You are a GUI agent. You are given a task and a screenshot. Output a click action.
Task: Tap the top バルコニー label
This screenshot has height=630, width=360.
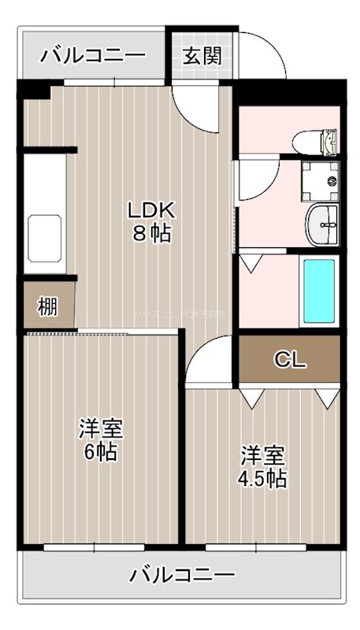(94, 56)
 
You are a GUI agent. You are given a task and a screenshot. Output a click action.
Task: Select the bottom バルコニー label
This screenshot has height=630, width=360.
(183, 574)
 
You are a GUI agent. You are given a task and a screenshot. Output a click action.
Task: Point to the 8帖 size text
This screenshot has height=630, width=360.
(151, 234)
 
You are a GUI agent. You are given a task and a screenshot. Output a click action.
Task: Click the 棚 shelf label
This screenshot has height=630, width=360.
(47, 306)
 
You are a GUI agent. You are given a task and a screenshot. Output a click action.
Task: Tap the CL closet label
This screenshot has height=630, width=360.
(289, 361)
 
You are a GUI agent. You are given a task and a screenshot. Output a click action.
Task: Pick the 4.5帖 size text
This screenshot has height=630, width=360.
(263, 478)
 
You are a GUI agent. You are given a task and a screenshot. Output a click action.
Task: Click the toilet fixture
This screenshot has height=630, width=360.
(322, 143)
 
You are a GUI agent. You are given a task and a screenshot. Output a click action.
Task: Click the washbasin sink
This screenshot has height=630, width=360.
(323, 220)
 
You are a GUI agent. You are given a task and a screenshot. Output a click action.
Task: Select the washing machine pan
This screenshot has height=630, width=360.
(322, 180)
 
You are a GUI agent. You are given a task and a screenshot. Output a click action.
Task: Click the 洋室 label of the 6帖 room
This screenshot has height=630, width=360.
(99, 429)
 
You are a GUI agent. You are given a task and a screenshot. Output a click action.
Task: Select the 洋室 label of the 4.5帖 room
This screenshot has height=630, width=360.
(263, 455)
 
